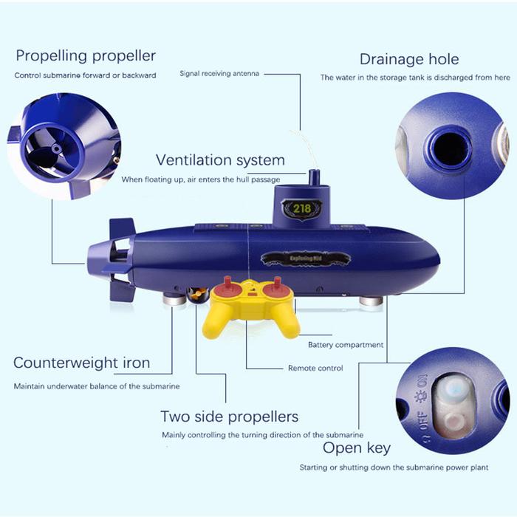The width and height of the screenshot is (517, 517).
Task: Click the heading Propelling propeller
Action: [86, 56]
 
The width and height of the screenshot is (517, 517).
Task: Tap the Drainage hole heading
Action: [409, 59]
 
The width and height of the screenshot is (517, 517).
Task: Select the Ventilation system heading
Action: [220, 160]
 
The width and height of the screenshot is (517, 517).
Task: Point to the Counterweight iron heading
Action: [82, 363]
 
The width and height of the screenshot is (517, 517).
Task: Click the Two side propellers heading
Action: [230, 417]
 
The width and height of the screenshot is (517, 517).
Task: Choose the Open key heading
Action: [357, 448]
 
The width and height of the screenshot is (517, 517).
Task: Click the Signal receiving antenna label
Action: [219, 74]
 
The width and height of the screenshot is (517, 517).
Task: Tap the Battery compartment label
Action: [346, 345]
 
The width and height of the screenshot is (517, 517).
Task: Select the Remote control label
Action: [315, 368]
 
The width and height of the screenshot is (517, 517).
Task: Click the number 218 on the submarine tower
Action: [302, 208]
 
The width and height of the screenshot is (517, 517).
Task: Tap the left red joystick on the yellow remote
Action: [227, 287]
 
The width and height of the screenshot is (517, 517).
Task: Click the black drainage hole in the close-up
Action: [449, 147]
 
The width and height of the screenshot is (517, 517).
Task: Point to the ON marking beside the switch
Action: [422, 382]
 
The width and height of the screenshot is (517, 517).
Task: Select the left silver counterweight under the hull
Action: [174, 299]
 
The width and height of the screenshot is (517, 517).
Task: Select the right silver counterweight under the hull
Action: [371, 301]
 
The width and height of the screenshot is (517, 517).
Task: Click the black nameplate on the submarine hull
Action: [305, 258]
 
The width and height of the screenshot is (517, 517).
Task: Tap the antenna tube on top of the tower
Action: [314, 178]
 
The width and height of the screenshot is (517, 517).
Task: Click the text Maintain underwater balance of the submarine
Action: [97, 386]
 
